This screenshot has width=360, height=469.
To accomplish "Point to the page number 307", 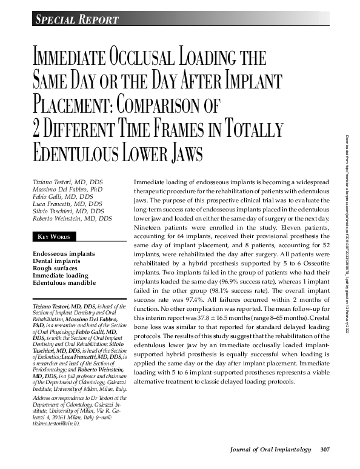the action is (x=325, y=449).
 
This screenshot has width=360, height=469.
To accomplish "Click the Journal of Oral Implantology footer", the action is (x=271, y=449).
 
